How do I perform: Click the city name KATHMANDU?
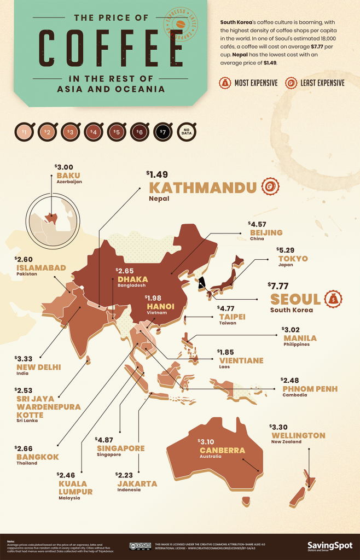(x=202, y=188)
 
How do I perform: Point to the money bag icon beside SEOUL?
(x=333, y=299)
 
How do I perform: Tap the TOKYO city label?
(x=293, y=258)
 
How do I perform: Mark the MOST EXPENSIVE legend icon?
(x=225, y=83)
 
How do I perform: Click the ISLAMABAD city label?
(x=41, y=267)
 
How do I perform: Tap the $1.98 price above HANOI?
(x=154, y=297)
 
